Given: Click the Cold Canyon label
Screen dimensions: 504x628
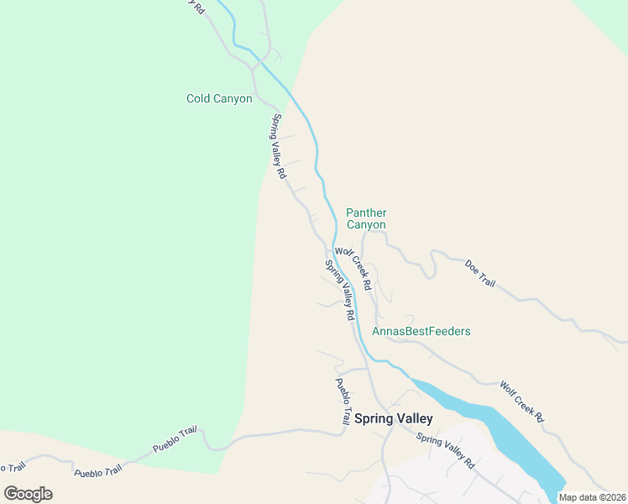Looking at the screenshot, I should (x=219, y=99).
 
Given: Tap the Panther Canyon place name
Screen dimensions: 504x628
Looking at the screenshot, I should (x=366, y=218).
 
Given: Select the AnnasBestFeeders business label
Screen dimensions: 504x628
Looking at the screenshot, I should (x=421, y=332).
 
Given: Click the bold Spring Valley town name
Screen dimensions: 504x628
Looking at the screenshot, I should (x=393, y=418).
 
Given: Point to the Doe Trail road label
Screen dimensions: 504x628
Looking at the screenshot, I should (x=480, y=273).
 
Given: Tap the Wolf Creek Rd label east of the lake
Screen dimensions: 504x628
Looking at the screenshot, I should (x=521, y=401).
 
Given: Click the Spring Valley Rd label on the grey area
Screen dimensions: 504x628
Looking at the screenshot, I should (x=446, y=451).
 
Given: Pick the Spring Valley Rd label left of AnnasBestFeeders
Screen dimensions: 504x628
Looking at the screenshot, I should (x=339, y=290).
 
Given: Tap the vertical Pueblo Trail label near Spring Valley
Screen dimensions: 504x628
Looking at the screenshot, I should (x=343, y=402).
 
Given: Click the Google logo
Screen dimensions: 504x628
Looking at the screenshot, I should (x=28, y=494).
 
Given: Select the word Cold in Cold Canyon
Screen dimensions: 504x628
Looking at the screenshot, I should (x=198, y=99).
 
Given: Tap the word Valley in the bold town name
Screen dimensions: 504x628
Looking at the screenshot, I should (x=415, y=418).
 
